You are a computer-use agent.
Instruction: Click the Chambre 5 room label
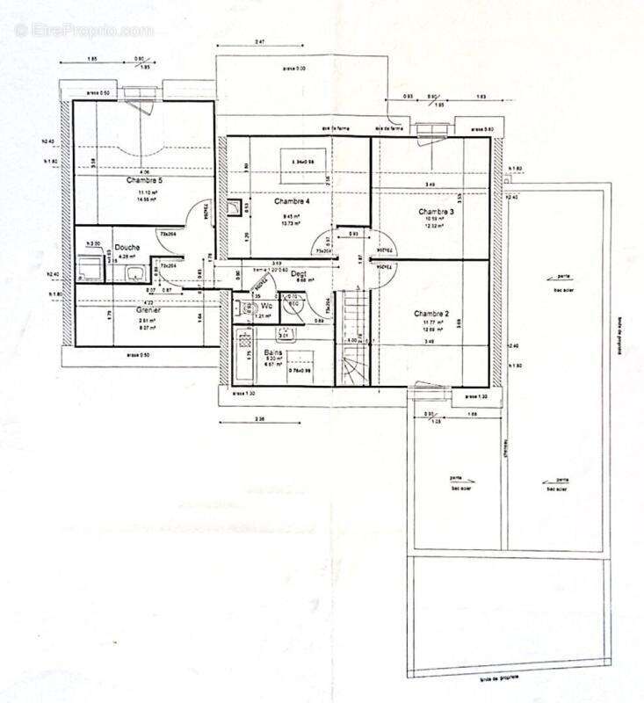[x=143, y=180]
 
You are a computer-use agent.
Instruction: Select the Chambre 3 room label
[x=436, y=211]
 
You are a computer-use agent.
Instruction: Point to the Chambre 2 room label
[x=432, y=313]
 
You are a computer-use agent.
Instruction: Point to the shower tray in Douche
[x=89, y=266]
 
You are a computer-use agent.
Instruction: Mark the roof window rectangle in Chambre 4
[x=304, y=162]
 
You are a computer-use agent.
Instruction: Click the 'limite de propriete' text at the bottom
[x=498, y=679]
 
